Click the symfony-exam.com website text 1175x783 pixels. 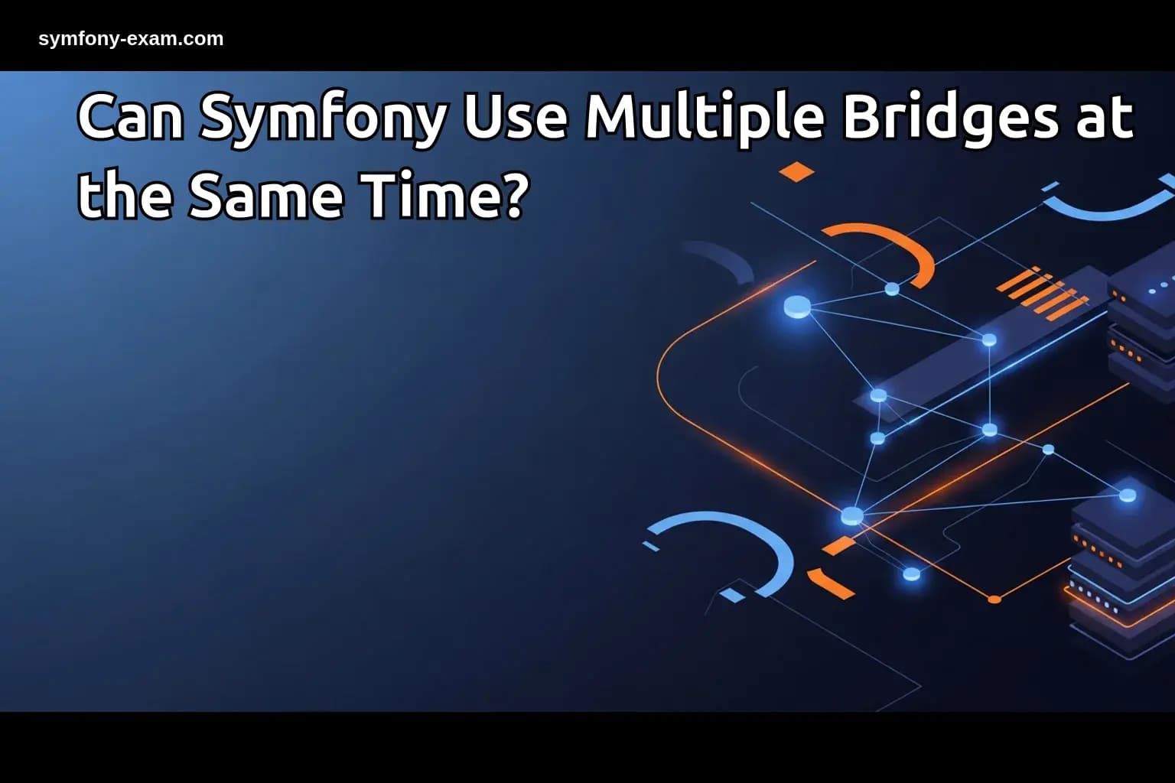tap(131, 39)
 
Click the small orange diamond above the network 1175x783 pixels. tap(797, 171)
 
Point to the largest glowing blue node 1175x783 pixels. tap(797, 307)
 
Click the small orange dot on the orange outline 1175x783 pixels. tap(994, 599)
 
